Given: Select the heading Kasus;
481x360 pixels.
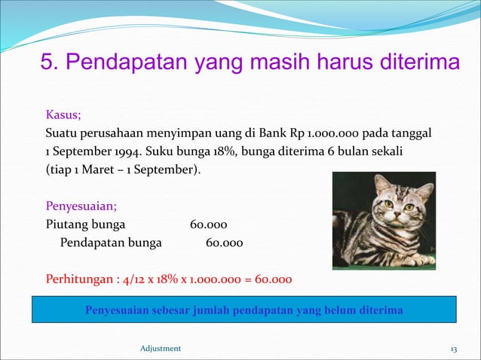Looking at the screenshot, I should pos(64,115).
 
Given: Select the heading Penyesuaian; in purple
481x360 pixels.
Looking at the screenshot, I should pos(81,206).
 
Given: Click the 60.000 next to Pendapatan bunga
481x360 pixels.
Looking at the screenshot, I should pos(224,243).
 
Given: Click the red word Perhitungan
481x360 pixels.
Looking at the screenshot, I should pos(80,279).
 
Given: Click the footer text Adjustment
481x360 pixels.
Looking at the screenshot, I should pos(161,349).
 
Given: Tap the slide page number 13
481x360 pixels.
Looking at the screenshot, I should pos(453,349).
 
